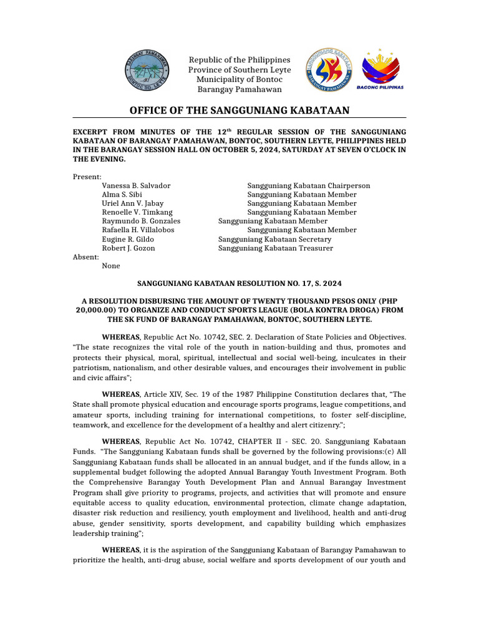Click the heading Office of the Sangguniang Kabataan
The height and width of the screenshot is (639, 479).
coord(239,110)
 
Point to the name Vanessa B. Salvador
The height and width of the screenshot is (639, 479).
coord(136,186)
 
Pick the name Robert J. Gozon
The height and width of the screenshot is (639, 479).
coord(128,248)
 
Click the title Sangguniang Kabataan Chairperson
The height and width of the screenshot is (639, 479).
coord(309,186)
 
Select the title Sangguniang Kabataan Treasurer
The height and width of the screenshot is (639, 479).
coord(276,248)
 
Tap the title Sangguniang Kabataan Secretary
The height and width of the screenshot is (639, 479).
coord(274,239)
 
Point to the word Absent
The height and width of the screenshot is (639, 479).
coord(85,257)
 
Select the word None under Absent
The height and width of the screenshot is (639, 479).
coord(111,266)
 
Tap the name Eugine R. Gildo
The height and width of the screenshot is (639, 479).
coord(128,239)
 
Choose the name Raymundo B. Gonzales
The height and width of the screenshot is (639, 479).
coord(141,221)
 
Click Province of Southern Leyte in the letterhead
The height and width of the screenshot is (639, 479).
coord(239,70)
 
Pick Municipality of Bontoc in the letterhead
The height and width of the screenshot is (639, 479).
coord(239,79)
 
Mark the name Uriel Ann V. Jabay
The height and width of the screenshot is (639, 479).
coord(132,203)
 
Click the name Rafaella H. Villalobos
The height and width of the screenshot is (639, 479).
coord(138,230)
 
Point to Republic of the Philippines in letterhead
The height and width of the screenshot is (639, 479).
coord(239,60)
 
